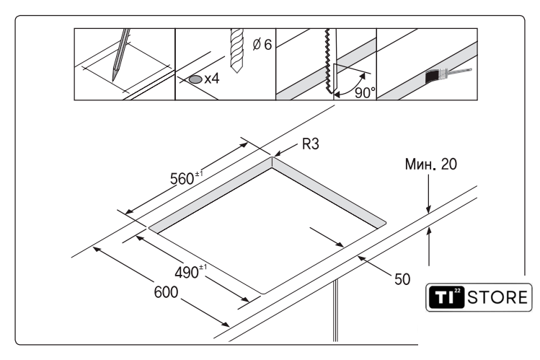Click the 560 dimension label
tap(186, 177)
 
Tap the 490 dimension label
tap(191, 272)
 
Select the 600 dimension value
tap(166, 292)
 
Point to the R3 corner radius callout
tap(310, 144)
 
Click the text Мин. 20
tap(431, 164)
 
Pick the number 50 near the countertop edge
tap(402, 279)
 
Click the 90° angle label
tap(365, 93)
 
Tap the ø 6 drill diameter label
tap(262, 45)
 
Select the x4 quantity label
tap(212, 79)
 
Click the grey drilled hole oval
tap(195, 79)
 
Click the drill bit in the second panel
tap(237, 51)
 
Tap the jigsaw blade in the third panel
tap(329, 61)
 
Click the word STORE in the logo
tap(497, 298)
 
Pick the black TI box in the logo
tap(446, 297)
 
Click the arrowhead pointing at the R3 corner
tap(278, 154)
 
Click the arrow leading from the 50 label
tap(374, 266)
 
